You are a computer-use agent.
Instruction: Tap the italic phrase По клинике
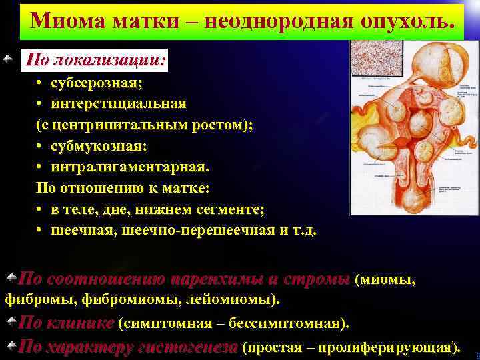(67, 323)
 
